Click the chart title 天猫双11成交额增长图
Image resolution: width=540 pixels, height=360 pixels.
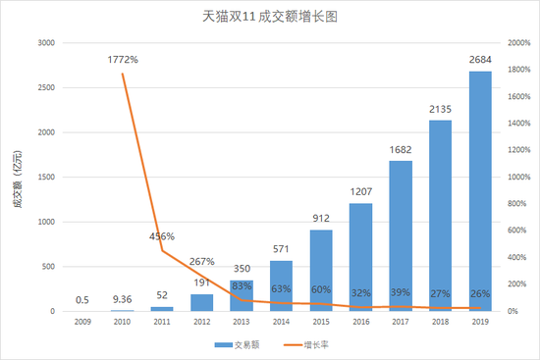tap(269, 18)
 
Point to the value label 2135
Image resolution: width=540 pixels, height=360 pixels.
tap(438, 109)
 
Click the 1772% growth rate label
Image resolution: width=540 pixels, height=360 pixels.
tap(123, 60)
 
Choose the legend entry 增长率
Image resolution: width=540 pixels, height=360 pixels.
tap(304, 344)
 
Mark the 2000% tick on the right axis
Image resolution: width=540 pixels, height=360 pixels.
tap(519, 43)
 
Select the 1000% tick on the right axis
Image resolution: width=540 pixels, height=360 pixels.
tap(519, 177)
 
